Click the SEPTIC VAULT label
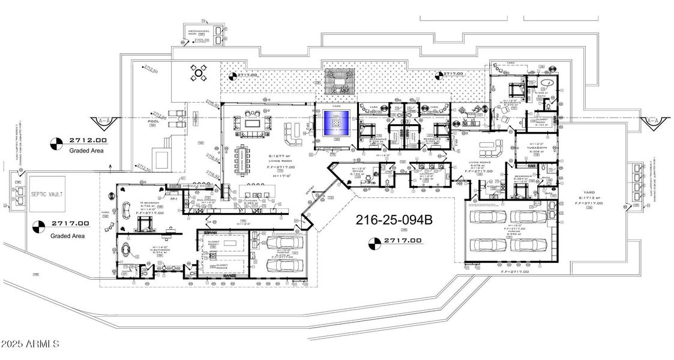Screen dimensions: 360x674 point(49,183)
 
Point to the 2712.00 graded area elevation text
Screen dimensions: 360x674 point(87,140)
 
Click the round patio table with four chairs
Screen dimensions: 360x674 point(199,73)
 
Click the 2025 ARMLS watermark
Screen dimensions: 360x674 point(30,344)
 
